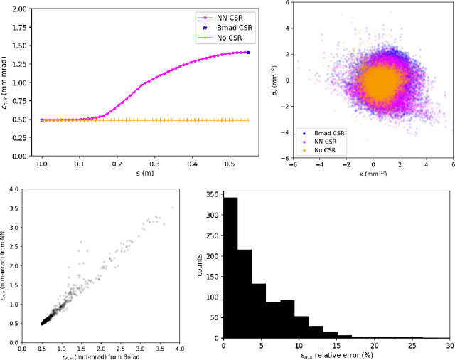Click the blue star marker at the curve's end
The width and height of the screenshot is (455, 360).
(248, 52)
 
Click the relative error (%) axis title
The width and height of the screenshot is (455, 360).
(335, 355)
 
